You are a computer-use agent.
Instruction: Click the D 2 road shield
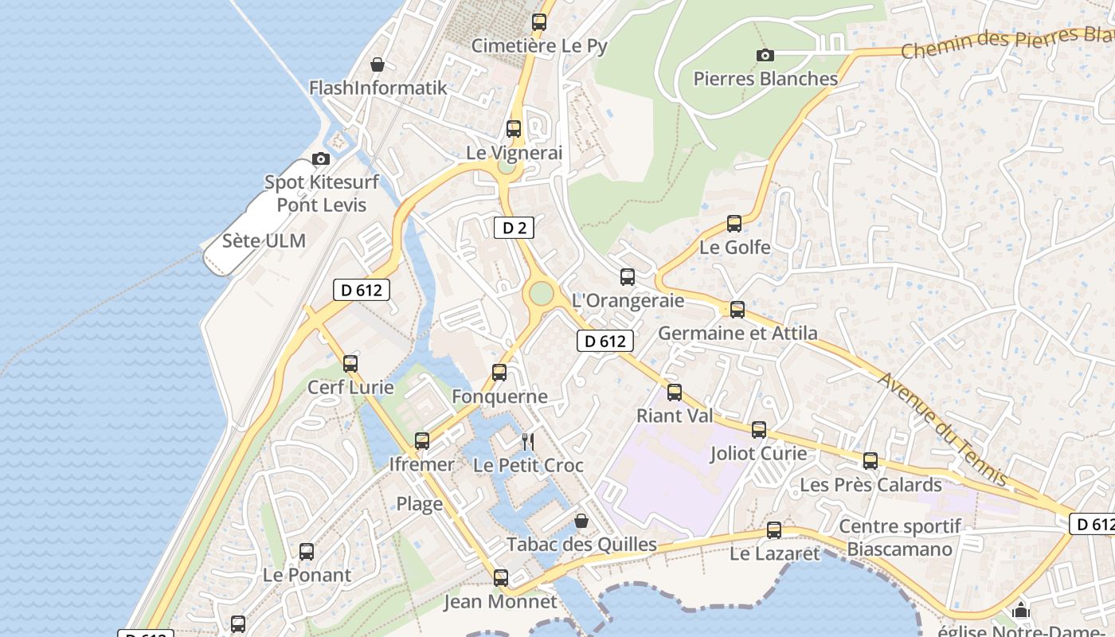click(x=514, y=228)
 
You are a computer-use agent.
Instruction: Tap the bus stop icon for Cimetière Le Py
click(x=539, y=22)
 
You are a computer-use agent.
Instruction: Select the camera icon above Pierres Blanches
click(x=765, y=55)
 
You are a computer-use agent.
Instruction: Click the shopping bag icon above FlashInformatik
click(x=378, y=64)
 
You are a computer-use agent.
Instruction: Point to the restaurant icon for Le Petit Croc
click(x=527, y=441)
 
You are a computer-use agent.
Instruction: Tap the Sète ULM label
click(x=264, y=240)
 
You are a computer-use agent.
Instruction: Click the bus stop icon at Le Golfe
click(x=734, y=224)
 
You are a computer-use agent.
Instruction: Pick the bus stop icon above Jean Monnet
click(x=500, y=577)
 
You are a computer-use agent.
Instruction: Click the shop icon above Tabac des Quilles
click(x=581, y=521)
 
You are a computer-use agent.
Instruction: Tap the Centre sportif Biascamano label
click(x=900, y=537)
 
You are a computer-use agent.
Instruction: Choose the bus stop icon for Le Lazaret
click(x=773, y=530)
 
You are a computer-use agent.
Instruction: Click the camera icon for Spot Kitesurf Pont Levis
click(x=321, y=158)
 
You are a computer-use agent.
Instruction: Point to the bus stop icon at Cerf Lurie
click(x=350, y=364)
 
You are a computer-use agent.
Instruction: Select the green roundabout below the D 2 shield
click(x=541, y=294)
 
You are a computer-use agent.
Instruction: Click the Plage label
click(x=420, y=503)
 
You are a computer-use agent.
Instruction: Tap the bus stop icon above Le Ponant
click(x=307, y=551)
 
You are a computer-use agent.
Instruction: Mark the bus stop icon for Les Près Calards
click(x=870, y=461)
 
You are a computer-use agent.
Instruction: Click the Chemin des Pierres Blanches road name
click(x=1007, y=42)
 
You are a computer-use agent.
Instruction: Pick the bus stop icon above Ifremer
click(x=422, y=440)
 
